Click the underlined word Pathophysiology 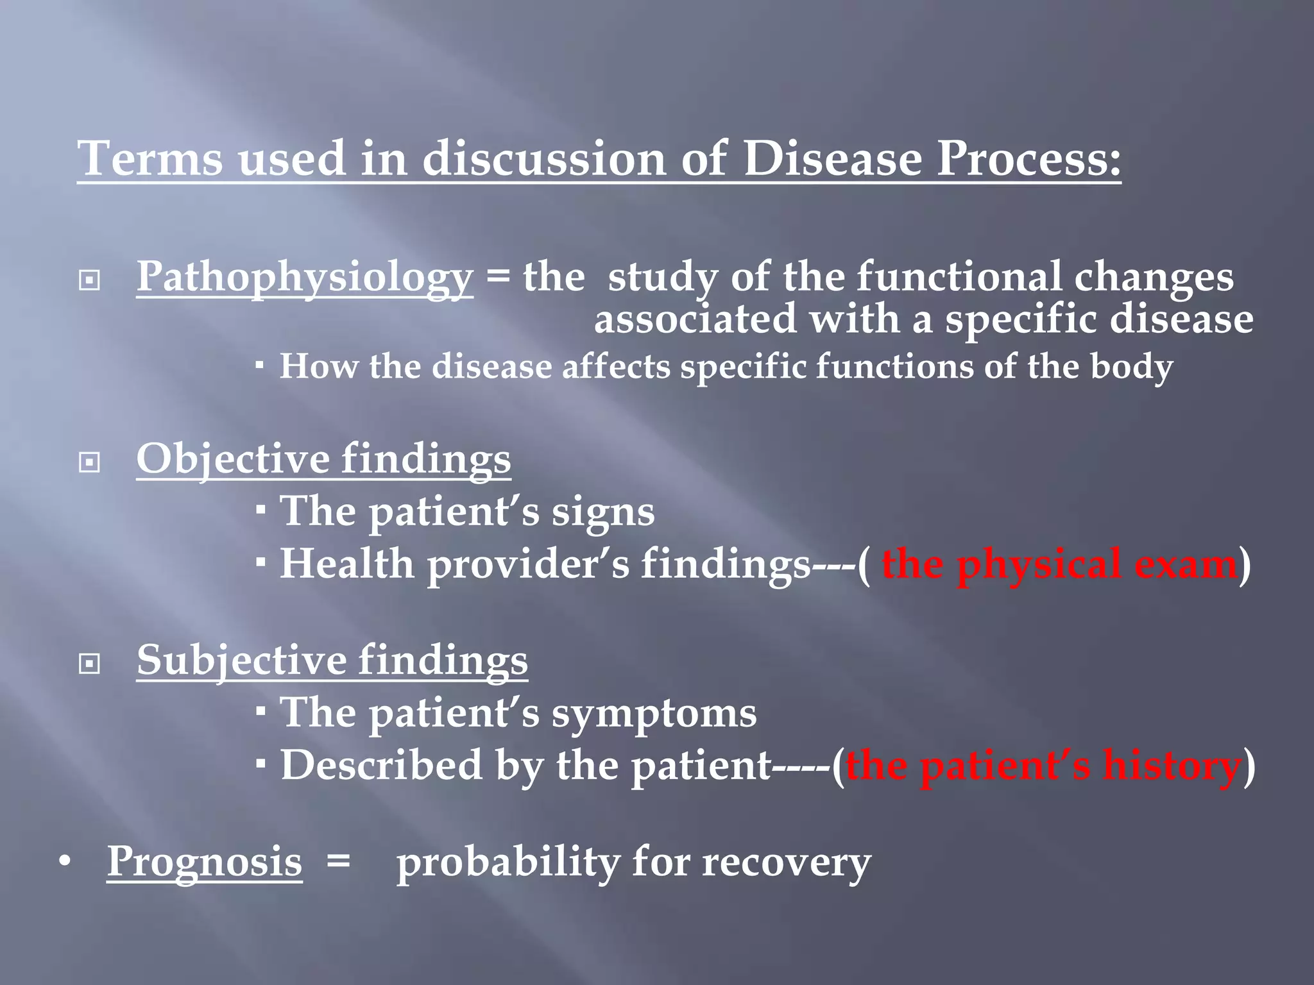(305, 277)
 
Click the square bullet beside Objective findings (89, 462)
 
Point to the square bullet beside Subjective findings (89, 664)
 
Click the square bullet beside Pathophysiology (89, 281)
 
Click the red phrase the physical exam (1059, 564)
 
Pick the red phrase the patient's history (1043, 765)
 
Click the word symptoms (654, 713)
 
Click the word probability (507, 863)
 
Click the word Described (381, 765)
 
